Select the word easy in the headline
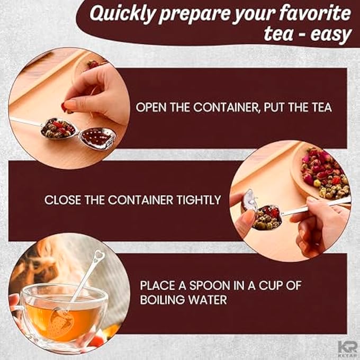[333, 34]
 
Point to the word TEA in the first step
[320, 107]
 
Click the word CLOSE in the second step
[62, 200]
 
